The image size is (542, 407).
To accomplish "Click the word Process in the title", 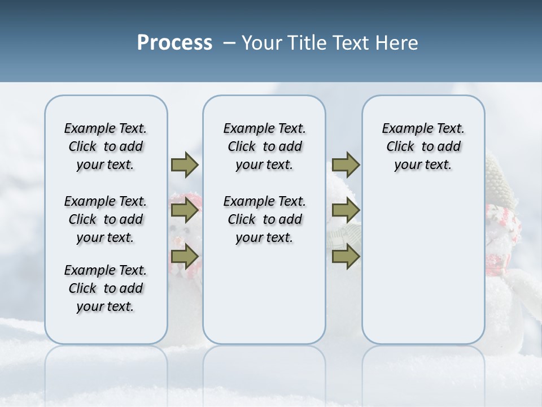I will pos(174,43).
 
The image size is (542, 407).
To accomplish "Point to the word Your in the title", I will pos(262,43).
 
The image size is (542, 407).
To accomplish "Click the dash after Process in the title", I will pos(229,44).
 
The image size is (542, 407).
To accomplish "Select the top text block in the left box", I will pos(106,146).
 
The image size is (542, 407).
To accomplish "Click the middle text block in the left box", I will pos(106,219).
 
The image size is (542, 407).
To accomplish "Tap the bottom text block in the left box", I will pos(106,288).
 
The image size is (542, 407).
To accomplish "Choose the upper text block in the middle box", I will pos(264,146).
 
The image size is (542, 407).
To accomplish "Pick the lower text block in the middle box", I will pos(264,219).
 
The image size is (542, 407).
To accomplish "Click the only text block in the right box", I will pos(423,146).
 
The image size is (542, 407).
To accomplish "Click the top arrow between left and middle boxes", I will pos(185,165).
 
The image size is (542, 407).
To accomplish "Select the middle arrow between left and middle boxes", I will pos(185,211).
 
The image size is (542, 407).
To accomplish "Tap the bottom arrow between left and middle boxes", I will pos(185,257).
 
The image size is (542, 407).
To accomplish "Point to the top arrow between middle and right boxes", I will pos(346,165).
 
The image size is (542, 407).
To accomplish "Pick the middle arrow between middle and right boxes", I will pos(346,211).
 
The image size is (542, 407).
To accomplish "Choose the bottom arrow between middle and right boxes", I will pos(346,257).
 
